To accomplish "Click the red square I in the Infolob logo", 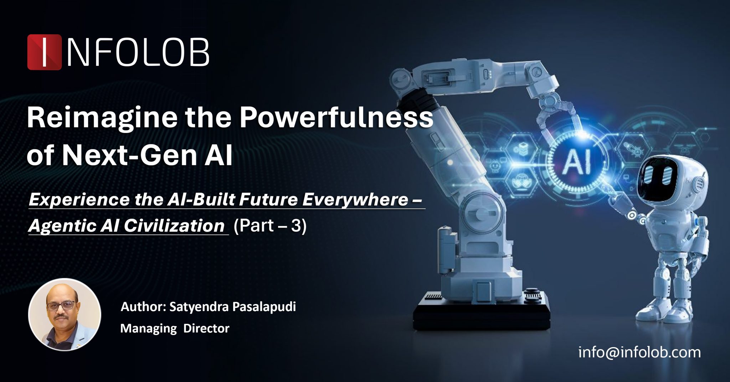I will (x=44, y=52).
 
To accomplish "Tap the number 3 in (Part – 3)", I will (x=296, y=226).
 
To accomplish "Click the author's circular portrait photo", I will (x=65, y=315).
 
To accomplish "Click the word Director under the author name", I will (x=206, y=328).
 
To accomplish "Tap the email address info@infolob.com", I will (x=639, y=352).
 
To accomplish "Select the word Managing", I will (x=148, y=328).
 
